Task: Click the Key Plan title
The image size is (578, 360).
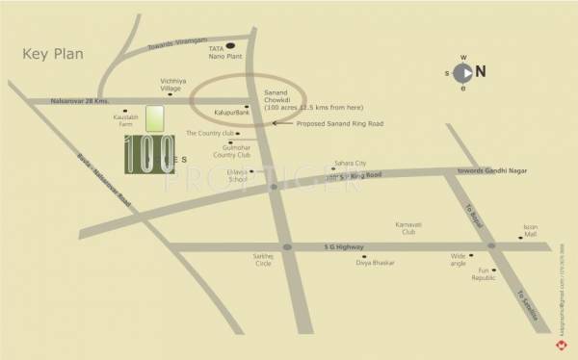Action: pyautogui.click(x=51, y=54)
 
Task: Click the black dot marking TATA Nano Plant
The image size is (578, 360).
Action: pyautogui.click(x=229, y=69)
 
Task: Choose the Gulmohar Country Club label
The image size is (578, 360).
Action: pyautogui.click(x=231, y=150)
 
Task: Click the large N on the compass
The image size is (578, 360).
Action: pyautogui.click(x=480, y=70)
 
